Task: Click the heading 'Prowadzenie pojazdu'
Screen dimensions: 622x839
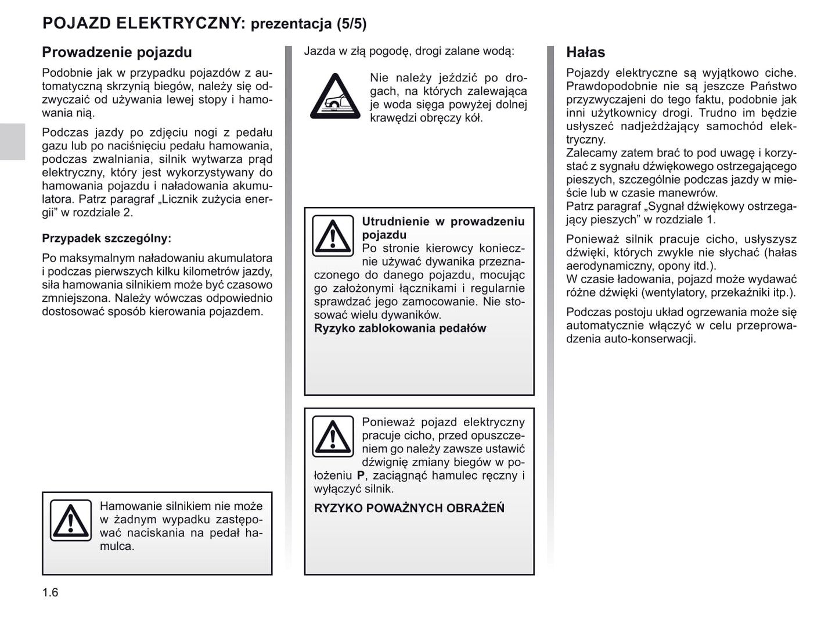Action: tap(117, 52)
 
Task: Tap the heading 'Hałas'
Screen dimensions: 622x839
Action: tap(585, 52)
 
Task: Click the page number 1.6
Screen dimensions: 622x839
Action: tap(51, 592)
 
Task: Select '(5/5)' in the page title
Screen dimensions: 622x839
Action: tap(351, 24)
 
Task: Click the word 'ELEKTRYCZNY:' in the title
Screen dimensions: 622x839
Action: tap(181, 23)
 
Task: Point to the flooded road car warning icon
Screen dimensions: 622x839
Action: tap(335, 97)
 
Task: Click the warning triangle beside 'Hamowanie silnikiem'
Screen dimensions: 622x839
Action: tap(70, 520)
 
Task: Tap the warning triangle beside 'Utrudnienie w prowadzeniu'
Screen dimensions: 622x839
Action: tap(333, 235)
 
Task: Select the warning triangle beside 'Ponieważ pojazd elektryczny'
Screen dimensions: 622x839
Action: tap(333, 436)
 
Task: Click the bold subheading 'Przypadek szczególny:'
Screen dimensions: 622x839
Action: tap(106, 238)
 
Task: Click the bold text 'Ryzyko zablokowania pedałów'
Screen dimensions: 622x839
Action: tap(400, 328)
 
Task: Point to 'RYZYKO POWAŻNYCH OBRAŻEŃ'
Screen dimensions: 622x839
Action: tap(409, 509)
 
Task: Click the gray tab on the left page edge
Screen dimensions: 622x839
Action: tap(12, 141)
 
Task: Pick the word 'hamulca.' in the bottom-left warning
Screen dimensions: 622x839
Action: tap(117, 546)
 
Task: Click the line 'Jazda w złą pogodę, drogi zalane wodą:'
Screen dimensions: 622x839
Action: tap(409, 51)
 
